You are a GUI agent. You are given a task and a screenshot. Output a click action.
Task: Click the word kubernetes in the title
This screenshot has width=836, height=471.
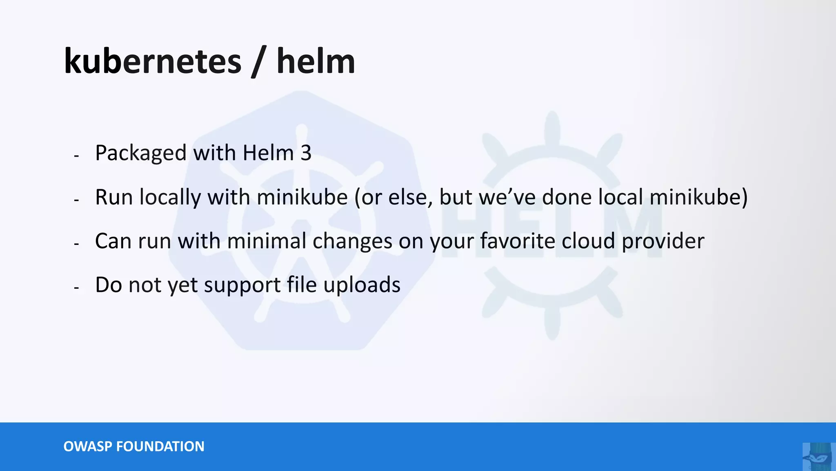click(x=152, y=61)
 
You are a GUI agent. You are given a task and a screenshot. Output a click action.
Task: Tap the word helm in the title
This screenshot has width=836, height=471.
click(x=316, y=61)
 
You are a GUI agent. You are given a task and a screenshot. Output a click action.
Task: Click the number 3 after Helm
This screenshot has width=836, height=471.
click(x=306, y=153)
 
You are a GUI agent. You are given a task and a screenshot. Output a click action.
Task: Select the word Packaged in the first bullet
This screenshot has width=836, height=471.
click(x=140, y=153)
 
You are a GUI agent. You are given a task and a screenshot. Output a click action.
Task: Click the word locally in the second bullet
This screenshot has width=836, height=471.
click(x=170, y=197)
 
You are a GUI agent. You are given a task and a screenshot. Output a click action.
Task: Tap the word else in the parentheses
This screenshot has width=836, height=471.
click(x=410, y=197)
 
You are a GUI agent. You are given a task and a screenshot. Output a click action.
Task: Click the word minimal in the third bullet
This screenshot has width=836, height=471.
click(x=266, y=241)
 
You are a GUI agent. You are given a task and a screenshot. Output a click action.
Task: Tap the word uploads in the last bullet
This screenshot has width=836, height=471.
click(x=362, y=285)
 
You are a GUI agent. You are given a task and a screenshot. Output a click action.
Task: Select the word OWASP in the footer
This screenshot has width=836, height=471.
click(x=87, y=446)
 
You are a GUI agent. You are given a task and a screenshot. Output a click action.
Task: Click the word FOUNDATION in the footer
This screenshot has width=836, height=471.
click(x=160, y=446)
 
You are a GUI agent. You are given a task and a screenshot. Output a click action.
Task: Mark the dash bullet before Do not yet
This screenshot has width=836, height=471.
click(x=76, y=288)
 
